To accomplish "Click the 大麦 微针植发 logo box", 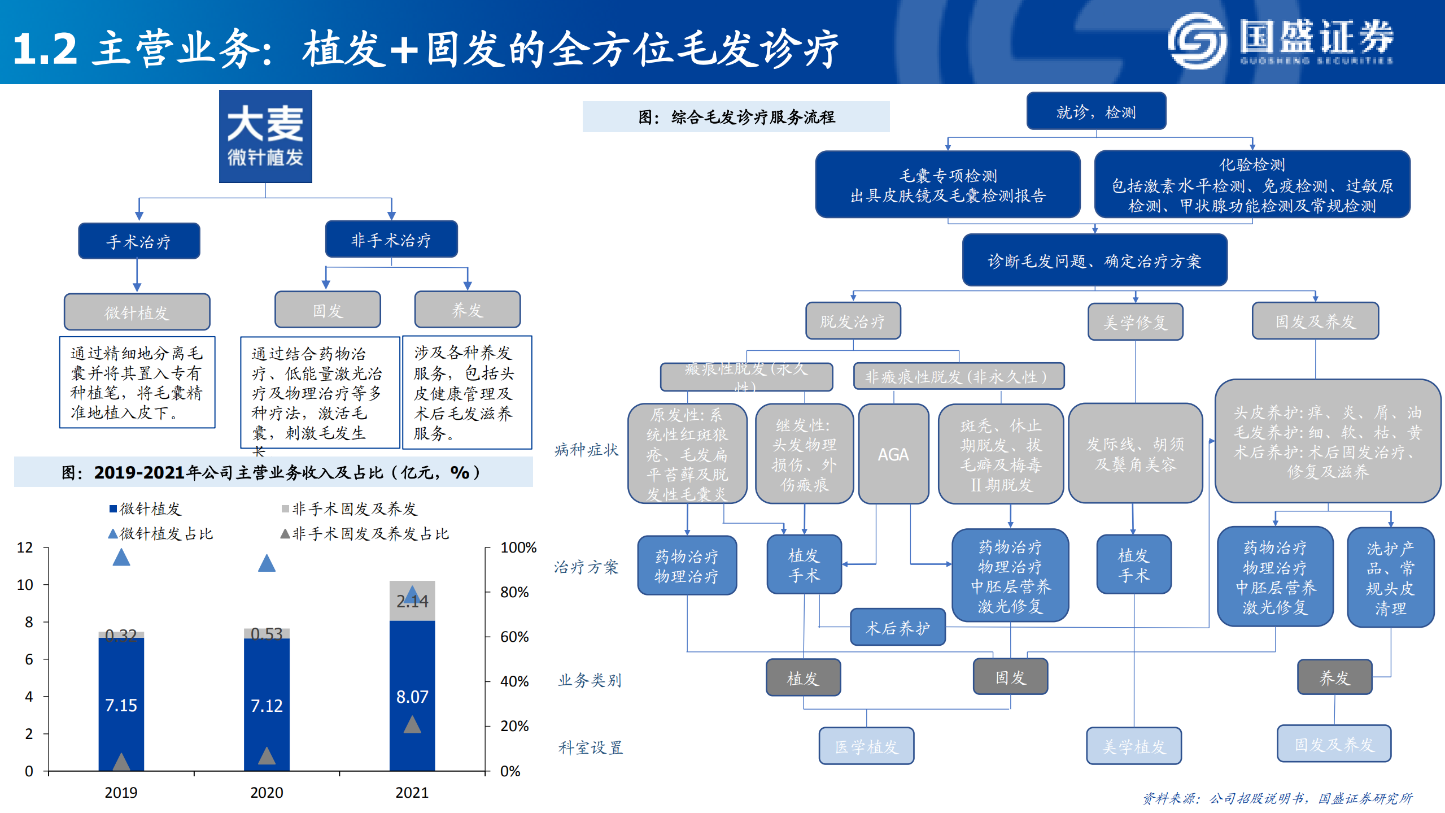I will [265, 136].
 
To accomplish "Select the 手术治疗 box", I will [139, 241].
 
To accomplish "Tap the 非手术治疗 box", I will [391, 240].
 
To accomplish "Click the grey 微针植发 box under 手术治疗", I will [137, 312].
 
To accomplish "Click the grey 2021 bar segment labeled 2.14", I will [412, 601].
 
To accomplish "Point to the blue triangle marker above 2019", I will [121, 558].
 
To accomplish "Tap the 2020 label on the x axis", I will [267, 793].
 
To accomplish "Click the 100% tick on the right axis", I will [518, 547].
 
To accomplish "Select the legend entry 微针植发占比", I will [161, 534].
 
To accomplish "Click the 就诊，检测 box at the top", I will [1095, 112].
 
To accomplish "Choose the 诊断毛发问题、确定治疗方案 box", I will [1094, 260].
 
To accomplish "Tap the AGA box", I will [893, 454].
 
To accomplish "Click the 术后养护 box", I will [898, 628].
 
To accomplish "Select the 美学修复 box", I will [1135, 322].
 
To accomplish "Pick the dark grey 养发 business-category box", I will [1334, 677].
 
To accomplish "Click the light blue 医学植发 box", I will [866, 746].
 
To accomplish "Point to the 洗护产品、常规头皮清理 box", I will [1390, 577].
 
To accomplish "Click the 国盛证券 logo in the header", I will [1281, 42].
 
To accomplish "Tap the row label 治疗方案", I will [586, 567].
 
